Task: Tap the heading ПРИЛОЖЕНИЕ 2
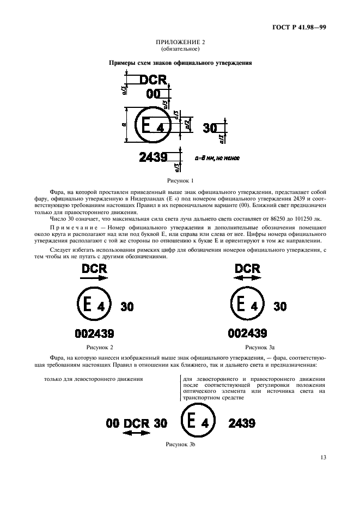[180, 42]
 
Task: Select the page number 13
[323, 457]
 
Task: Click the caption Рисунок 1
[180, 179]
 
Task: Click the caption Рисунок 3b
[180, 445]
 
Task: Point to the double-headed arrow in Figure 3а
[248, 277]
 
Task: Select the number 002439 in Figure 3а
[248, 333]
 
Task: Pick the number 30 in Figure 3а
[279, 306]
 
